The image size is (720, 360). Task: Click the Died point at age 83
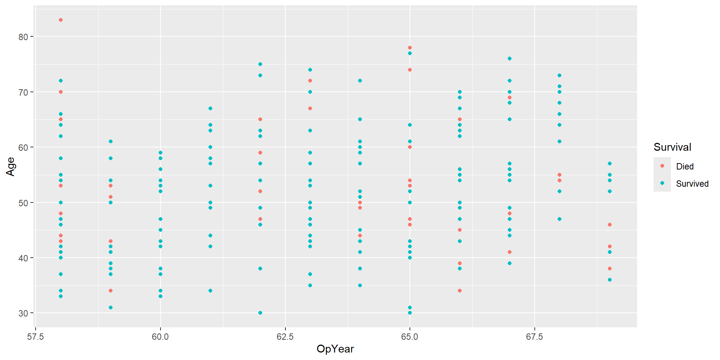click(x=61, y=20)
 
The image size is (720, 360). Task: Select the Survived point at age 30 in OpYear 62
click(x=260, y=313)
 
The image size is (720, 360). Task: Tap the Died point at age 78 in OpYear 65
click(x=410, y=48)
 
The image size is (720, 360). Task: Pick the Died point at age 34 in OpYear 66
click(x=460, y=291)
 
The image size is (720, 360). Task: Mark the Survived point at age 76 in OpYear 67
click(x=510, y=58)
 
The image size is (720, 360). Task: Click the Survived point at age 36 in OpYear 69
click(x=610, y=280)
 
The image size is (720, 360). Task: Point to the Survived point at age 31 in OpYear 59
click(x=111, y=307)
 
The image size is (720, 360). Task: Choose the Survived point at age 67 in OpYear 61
click(x=210, y=108)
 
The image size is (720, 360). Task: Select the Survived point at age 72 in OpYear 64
click(x=360, y=81)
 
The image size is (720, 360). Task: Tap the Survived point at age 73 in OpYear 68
click(x=559, y=75)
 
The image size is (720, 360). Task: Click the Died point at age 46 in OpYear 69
click(x=610, y=225)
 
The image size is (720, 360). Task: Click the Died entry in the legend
click(x=684, y=166)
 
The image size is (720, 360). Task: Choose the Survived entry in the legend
click(x=692, y=184)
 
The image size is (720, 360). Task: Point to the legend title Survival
click(x=672, y=147)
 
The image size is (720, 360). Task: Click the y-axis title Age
click(x=10, y=166)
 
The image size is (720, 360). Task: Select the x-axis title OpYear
click(x=335, y=349)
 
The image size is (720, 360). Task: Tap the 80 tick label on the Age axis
click(x=23, y=37)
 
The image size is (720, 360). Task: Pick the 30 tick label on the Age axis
click(x=23, y=313)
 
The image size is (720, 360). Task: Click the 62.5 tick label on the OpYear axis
click(x=285, y=337)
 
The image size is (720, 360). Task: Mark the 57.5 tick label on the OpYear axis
click(x=36, y=337)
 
